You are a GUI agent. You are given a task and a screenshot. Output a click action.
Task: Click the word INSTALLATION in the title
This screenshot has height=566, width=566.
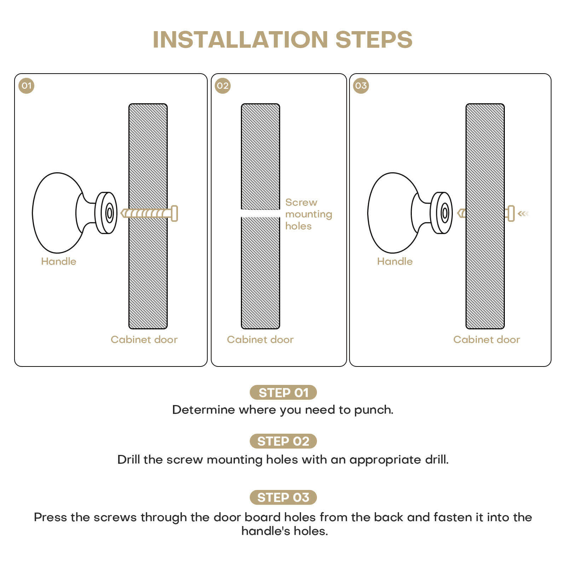(241, 40)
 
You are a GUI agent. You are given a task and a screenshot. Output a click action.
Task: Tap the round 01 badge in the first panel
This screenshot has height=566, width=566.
(27, 86)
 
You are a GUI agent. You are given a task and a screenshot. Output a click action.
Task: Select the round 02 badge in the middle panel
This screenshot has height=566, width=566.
(223, 86)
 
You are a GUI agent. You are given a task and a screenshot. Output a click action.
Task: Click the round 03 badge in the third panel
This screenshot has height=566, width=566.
(361, 86)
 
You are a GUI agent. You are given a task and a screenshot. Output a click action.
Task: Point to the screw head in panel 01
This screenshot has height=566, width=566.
(174, 213)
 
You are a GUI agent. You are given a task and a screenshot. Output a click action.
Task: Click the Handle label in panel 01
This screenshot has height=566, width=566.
(59, 261)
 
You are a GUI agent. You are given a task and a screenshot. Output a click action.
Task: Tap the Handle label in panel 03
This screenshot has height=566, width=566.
(395, 261)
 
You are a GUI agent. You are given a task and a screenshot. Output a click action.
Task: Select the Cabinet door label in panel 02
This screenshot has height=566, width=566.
(260, 340)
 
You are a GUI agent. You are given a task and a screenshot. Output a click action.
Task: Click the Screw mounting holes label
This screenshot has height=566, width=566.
(308, 214)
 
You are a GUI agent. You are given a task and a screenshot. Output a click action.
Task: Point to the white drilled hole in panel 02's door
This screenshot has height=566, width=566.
(260, 213)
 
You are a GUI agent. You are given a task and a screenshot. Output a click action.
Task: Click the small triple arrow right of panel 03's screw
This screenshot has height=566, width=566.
(523, 213)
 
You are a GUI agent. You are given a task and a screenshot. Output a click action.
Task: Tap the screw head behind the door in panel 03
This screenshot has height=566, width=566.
(510, 213)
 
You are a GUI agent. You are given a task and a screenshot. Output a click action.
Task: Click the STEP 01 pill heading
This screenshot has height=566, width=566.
(283, 393)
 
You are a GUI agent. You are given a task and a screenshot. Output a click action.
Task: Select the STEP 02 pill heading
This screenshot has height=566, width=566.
(283, 441)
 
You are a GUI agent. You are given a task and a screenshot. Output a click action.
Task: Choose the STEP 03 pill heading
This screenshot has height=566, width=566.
(283, 497)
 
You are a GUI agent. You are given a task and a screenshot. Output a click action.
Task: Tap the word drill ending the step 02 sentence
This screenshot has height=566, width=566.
(436, 460)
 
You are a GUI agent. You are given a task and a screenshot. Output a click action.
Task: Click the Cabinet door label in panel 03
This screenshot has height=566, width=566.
(486, 340)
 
